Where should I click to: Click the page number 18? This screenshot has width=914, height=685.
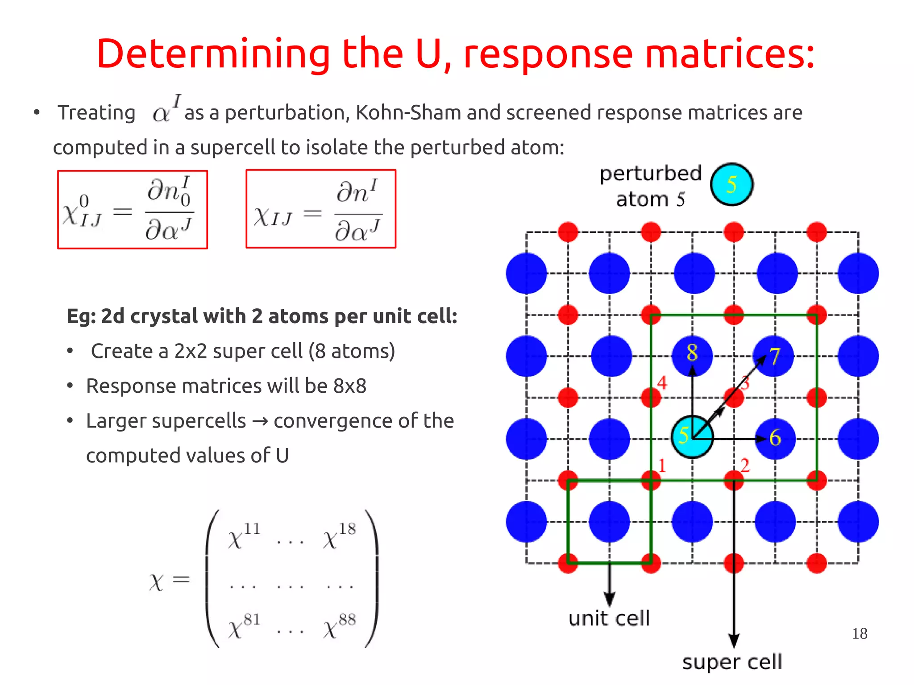(859, 633)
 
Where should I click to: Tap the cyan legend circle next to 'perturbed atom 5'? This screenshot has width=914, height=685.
(731, 184)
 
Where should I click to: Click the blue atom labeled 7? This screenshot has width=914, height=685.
(774, 356)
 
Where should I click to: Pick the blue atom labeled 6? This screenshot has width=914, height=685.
(775, 438)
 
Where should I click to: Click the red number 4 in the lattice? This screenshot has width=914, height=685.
(662, 383)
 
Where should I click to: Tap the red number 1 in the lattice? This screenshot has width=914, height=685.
(662, 465)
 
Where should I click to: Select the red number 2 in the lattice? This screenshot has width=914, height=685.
(745, 465)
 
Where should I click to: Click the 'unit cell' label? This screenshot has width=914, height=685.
(609, 619)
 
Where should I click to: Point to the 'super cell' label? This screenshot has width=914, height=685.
(732, 662)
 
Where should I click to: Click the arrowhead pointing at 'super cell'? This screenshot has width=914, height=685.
(734, 640)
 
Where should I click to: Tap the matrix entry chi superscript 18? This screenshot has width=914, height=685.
(340, 536)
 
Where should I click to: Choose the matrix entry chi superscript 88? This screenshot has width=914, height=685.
(340, 626)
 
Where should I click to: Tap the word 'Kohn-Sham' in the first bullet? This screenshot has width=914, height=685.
(408, 112)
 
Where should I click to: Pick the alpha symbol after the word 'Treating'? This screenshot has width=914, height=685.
(162, 113)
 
